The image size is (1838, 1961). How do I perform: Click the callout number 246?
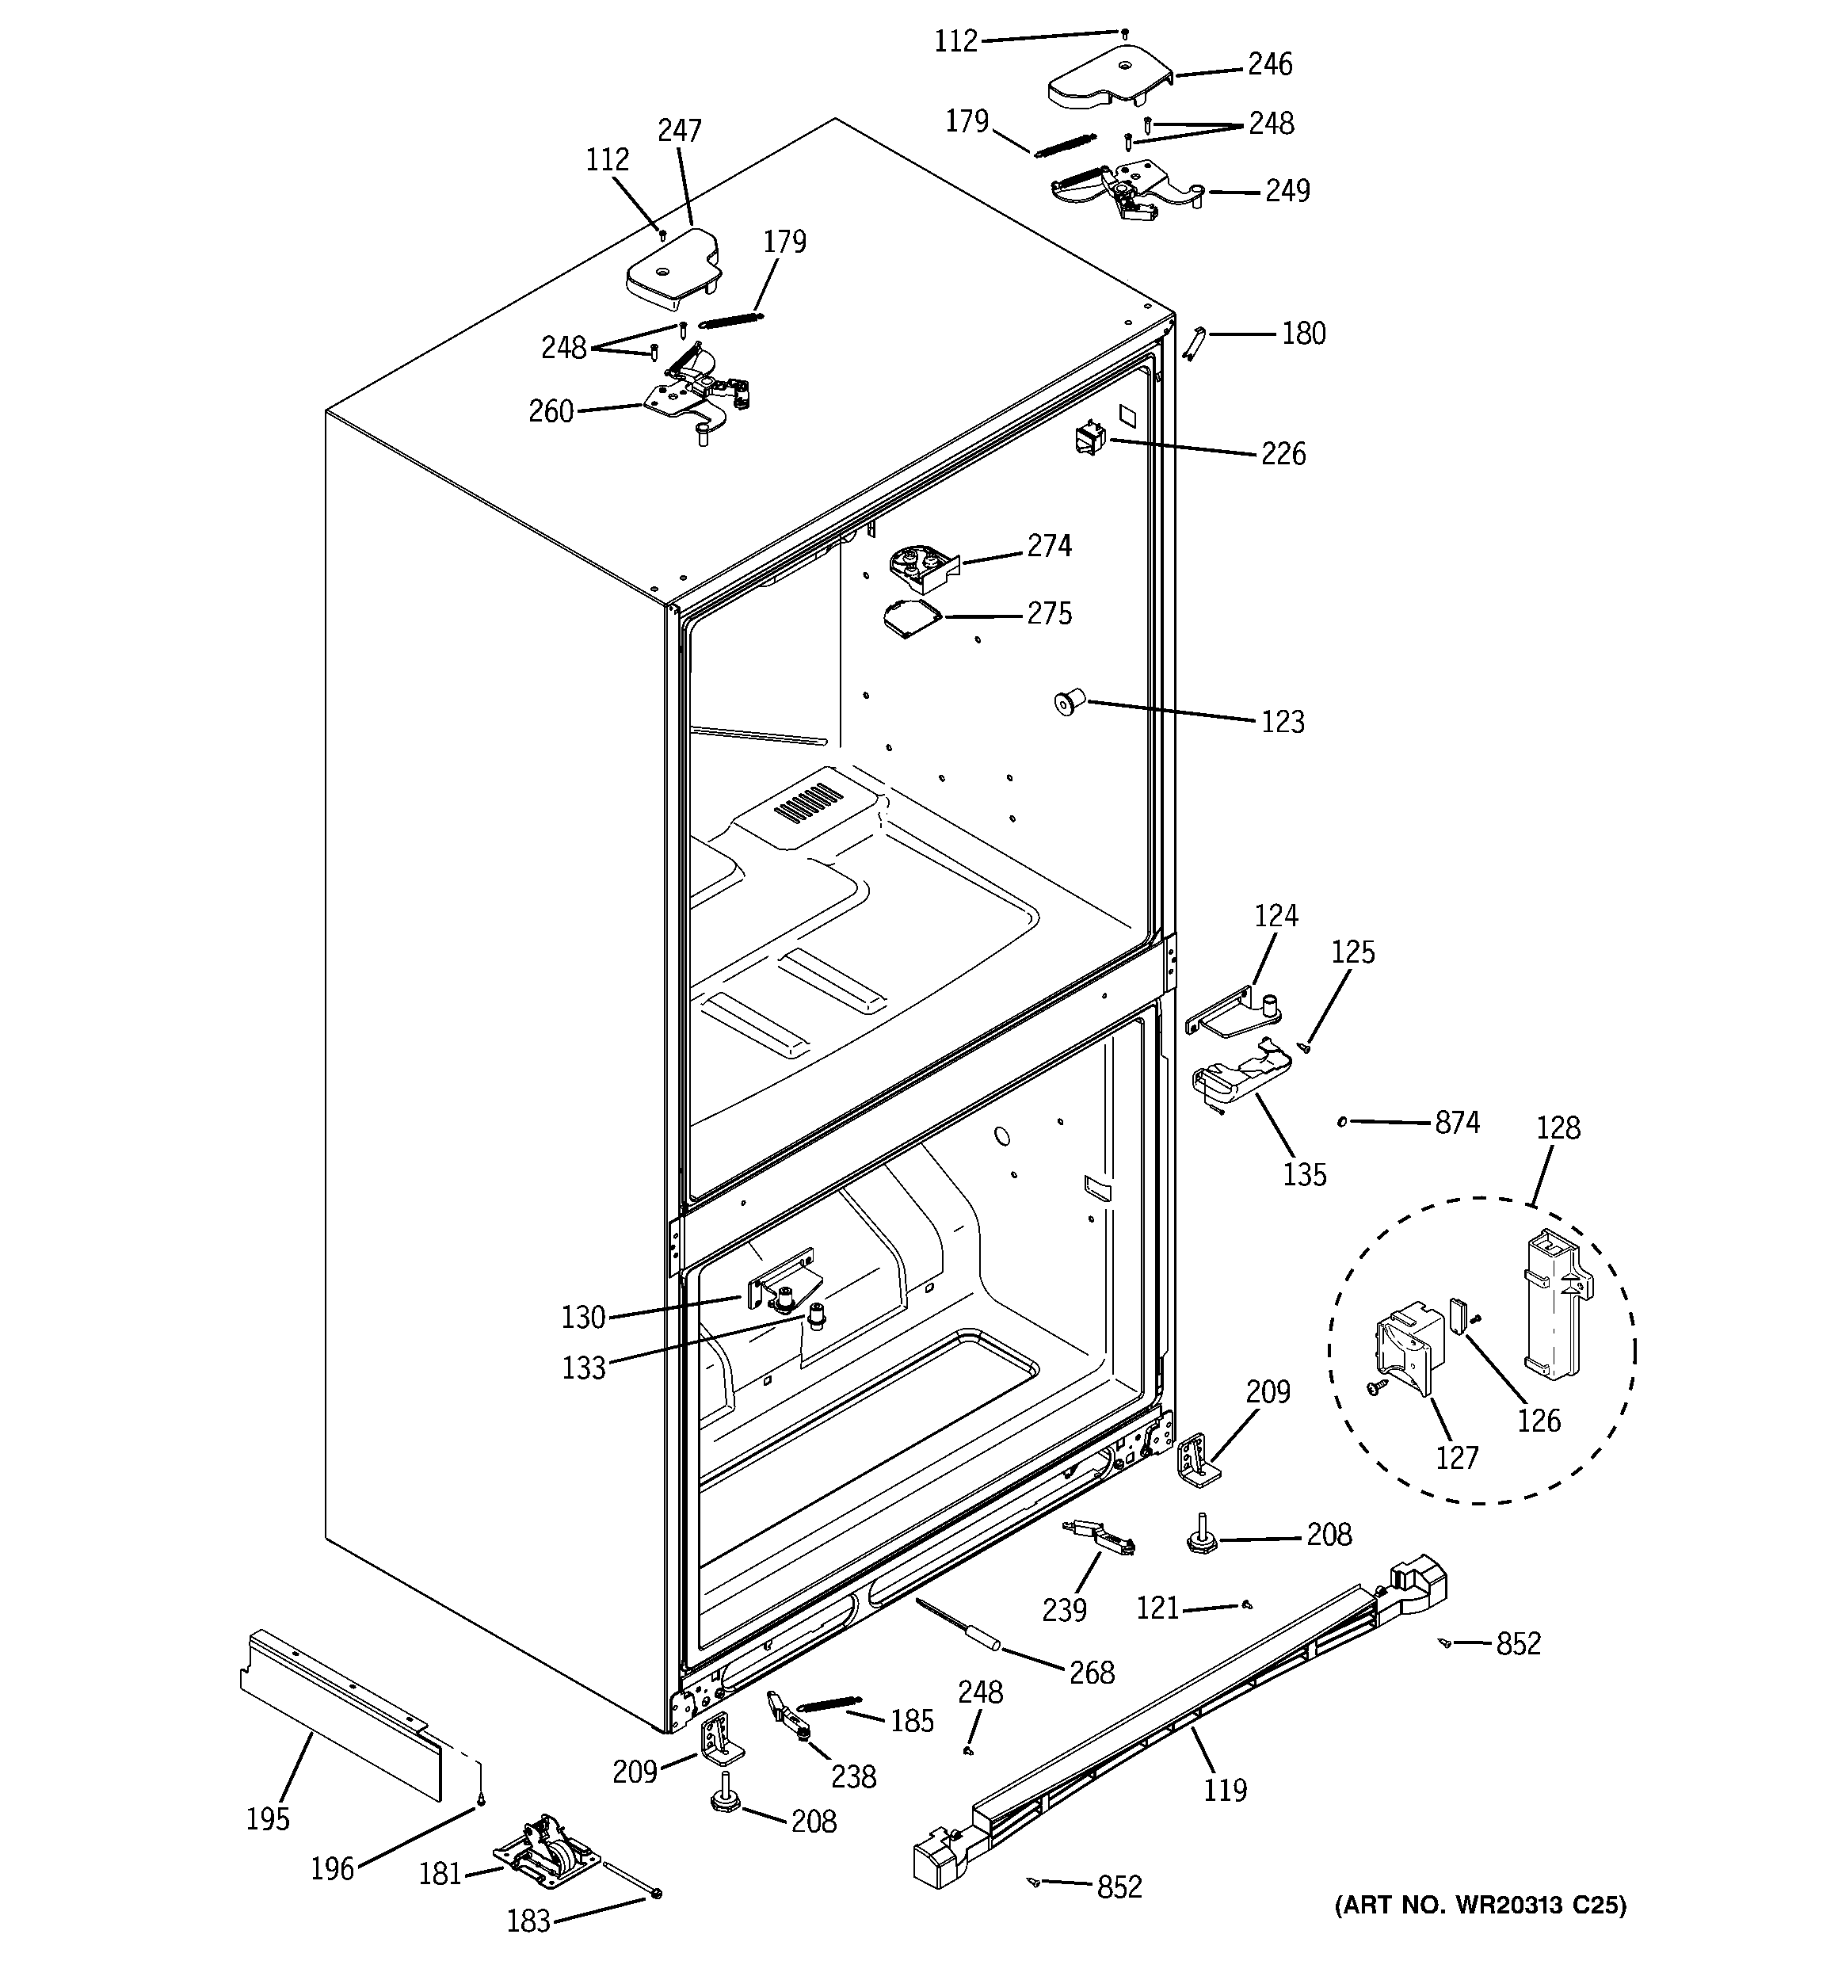[1270, 65]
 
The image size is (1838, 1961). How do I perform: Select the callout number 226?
[1283, 455]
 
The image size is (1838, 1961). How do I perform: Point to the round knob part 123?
[1066, 704]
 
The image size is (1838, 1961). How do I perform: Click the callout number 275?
[1049, 615]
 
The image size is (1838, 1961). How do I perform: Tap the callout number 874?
[1456, 1124]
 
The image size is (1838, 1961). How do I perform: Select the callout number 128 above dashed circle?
[1558, 1128]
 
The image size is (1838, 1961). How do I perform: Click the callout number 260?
[551, 411]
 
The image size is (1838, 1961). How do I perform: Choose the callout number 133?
[583, 1369]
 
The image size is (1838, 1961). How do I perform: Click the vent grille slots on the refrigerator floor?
[809, 805]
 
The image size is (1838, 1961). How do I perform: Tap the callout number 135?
[1304, 1175]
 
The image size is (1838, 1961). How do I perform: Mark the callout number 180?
[1303, 334]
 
